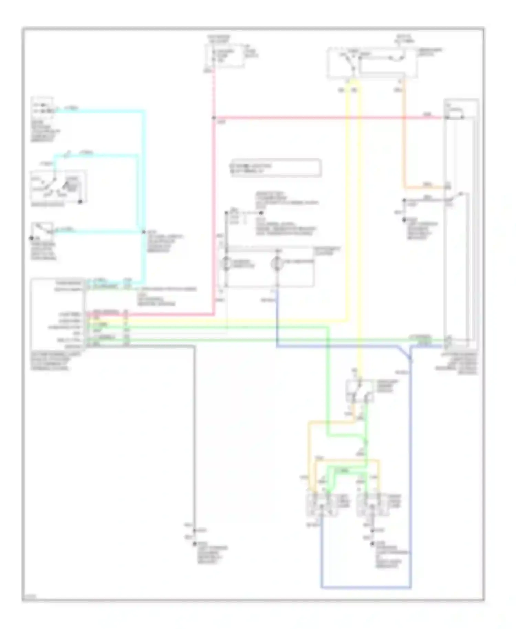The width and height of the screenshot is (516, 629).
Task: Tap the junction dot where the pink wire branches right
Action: (214, 118)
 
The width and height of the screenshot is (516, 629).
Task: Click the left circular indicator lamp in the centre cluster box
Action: (226, 264)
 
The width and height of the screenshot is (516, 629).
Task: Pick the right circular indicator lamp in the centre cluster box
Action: (277, 264)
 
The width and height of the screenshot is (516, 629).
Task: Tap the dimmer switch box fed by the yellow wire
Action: (360, 391)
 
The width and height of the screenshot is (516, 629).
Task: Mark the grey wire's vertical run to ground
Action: (195, 430)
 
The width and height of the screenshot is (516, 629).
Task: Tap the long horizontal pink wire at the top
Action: (327, 118)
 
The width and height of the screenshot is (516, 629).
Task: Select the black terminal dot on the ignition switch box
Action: (80, 202)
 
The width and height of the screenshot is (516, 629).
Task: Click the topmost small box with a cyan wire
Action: (42, 106)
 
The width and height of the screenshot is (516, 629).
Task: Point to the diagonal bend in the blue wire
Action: (405, 353)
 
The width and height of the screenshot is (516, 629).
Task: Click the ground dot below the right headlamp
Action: (372, 544)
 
